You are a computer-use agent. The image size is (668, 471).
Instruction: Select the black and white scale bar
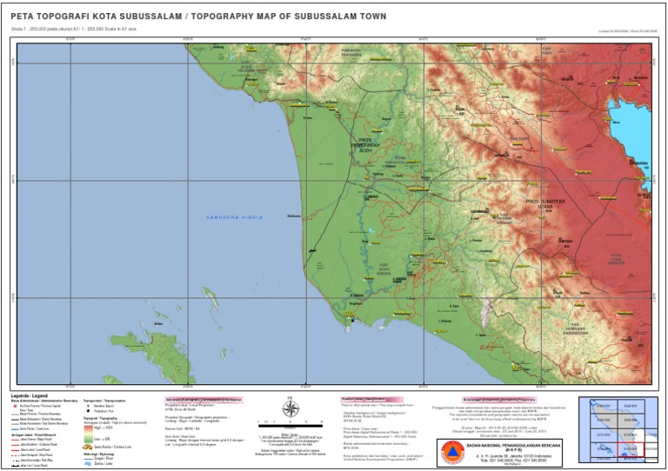point(292,428)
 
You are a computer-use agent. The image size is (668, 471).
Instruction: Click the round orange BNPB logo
point(449,452)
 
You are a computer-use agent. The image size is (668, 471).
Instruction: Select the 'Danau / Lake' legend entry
point(105,464)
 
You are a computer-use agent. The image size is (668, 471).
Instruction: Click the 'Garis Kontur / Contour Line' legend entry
point(114,447)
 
